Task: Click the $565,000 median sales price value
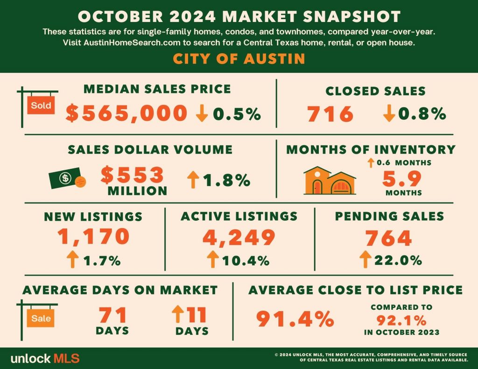pos(126,113)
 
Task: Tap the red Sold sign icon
pos(41,105)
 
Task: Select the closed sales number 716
pos(330,114)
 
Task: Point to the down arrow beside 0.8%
pos(389,113)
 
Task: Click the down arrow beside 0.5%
pos(202,113)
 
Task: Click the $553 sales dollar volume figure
pos(132,174)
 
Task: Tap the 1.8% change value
pos(226,180)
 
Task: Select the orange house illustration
pos(330,181)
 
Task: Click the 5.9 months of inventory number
pos(402,179)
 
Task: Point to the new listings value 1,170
pos(93,237)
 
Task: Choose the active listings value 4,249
pos(239,237)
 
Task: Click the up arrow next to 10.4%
pos(213,259)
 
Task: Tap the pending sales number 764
pos(389,238)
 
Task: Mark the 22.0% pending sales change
pos(398,260)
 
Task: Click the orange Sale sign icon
pos(41,318)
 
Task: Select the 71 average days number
pos(112,315)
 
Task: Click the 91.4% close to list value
pos(295,319)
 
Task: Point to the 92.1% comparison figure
pos(401,320)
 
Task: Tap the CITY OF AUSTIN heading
pos(239,58)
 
